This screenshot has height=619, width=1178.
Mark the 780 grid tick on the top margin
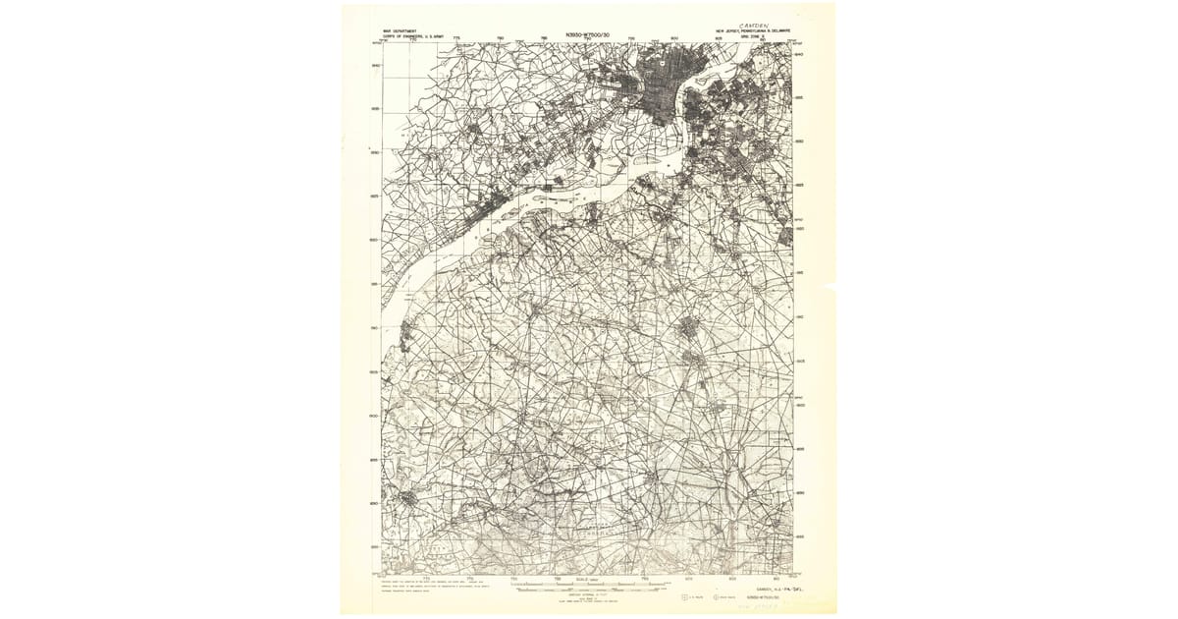coord(501,39)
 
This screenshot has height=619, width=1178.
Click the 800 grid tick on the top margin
coord(674,39)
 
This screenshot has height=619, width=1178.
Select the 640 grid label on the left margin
coord(375,66)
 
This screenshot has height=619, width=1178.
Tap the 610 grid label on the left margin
coord(375,328)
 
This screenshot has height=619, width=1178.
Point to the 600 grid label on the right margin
coord(800,405)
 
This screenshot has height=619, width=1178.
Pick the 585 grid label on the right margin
coord(800,536)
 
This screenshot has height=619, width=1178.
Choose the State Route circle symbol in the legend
coord(716,595)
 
